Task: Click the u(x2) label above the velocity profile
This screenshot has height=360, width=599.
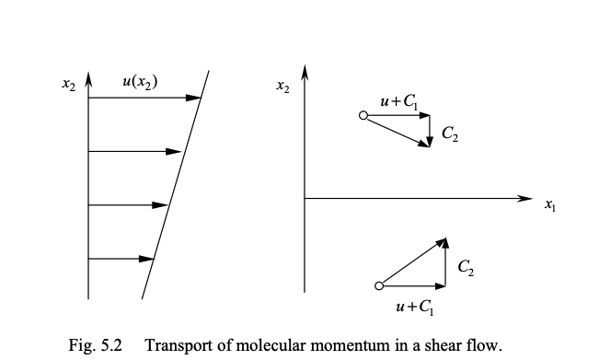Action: pyautogui.click(x=140, y=81)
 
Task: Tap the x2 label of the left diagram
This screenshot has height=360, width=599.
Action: pyautogui.click(x=68, y=84)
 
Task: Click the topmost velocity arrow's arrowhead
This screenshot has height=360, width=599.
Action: pyautogui.click(x=195, y=97)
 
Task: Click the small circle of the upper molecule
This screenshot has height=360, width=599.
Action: pyautogui.click(x=363, y=115)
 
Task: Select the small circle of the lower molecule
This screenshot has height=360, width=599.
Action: pyautogui.click(x=377, y=285)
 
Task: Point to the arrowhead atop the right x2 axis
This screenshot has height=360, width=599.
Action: pyautogui.click(x=305, y=72)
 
